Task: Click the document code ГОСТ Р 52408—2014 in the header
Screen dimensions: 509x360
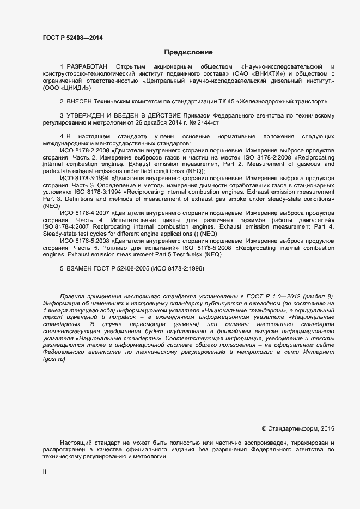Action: pos(72,38)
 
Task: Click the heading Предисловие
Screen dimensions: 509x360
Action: pos(188,52)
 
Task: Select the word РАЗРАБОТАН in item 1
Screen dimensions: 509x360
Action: pos(88,66)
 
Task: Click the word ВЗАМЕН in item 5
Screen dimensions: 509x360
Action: pos(81,268)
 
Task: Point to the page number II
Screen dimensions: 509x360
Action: pos(45,472)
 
